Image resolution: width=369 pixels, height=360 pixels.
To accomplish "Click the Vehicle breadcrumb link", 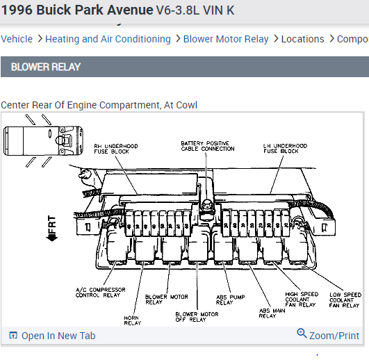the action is (17, 39).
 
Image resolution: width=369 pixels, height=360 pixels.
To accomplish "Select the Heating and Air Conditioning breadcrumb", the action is (108, 39).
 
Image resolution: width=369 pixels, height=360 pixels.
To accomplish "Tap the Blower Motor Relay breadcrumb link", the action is (226, 39).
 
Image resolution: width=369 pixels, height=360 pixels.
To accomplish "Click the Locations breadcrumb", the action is (303, 39).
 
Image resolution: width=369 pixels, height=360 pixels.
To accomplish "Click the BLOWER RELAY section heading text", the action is (46, 67).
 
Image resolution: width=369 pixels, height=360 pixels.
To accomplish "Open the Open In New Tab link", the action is (58, 336).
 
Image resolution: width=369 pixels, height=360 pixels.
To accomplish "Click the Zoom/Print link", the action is (334, 336).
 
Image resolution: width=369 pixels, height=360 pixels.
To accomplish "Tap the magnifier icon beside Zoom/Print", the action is (302, 333).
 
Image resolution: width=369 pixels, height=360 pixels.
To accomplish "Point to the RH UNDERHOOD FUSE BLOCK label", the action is (116, 149).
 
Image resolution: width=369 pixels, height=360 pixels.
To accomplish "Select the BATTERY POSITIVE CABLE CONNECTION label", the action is (208, 146).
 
